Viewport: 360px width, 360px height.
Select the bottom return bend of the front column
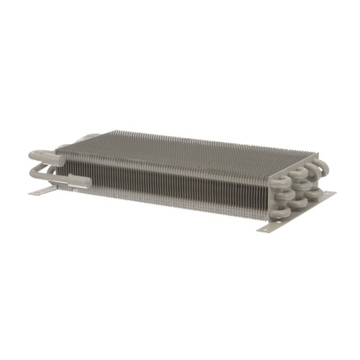(x=282, y=210)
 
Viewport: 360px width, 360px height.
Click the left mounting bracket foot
(x=43, y=192)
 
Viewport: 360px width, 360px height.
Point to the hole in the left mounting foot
(x=38, y=193)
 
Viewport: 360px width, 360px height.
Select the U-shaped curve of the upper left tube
(x=33, y=156)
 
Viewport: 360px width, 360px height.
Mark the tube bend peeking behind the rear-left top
(x=89, y=137)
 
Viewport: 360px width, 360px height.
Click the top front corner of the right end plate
(x=267, y=178)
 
